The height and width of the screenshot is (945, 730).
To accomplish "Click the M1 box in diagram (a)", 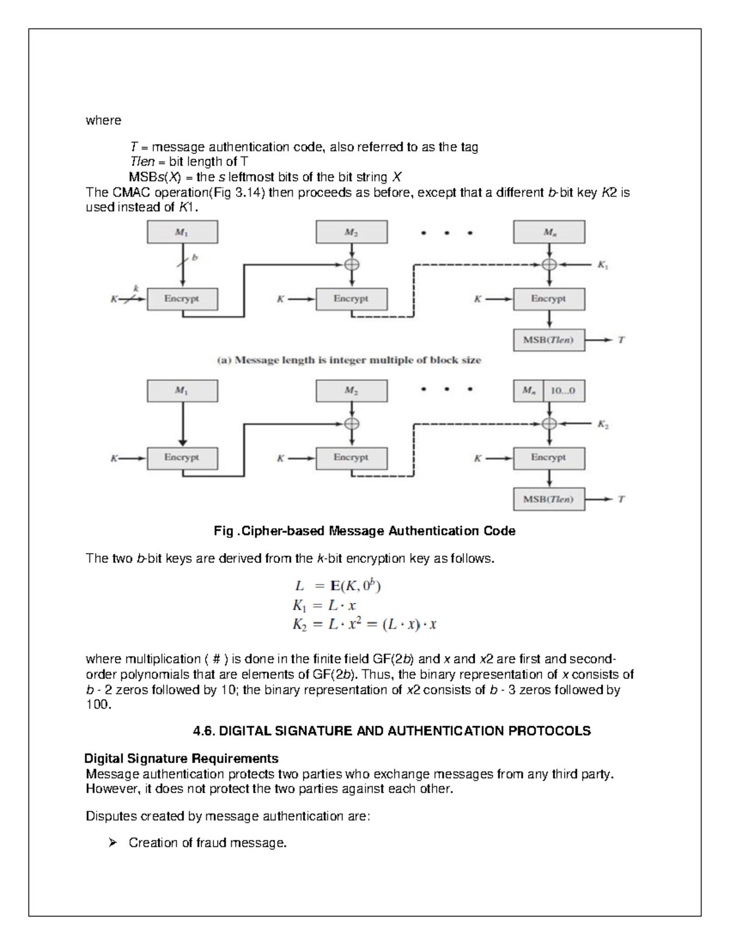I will tap(181, 232).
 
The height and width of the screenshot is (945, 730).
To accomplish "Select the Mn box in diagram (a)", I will tap(549, 232).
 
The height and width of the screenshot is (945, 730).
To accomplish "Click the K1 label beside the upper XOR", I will tap(602, 265).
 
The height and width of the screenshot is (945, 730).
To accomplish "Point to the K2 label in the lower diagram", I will tap(602, 425).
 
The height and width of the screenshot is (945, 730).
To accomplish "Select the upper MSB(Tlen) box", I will tap(549, 340).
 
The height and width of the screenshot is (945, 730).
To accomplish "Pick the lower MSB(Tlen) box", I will tap(549, 499).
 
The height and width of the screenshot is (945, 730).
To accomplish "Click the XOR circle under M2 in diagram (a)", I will tap(352, 264).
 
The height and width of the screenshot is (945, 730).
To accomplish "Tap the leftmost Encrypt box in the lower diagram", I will tap(181, 458).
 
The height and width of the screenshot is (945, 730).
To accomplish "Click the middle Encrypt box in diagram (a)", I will tap(351, 299).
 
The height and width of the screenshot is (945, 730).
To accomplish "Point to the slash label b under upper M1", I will tap(194, 258).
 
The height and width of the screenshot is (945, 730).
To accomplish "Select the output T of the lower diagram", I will tap(621, 499).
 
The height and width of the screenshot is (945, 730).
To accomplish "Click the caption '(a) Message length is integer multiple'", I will tap(349, 360).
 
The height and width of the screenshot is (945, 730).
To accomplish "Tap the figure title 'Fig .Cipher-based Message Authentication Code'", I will tap(364, 531).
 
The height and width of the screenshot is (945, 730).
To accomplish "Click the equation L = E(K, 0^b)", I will tap(338, 586).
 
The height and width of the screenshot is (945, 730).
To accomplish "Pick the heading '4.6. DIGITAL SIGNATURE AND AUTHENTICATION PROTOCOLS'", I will tap(391, 731).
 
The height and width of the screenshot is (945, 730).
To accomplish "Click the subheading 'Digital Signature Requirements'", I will tap(181, 758).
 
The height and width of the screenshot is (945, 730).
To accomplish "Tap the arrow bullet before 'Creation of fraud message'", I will tap(112, 843).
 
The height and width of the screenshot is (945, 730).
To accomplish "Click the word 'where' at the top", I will tap(103, 120).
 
